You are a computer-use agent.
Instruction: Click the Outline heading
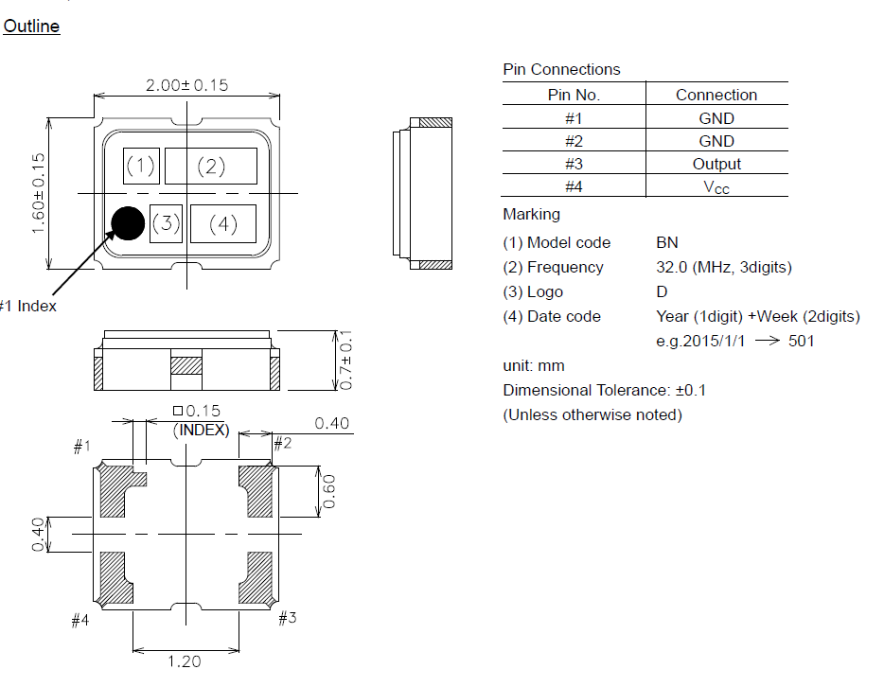coord(31,26)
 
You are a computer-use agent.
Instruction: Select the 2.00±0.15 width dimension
coord(186,85)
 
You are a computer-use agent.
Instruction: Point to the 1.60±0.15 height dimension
coord(39,194)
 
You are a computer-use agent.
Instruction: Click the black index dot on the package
coord(128,222)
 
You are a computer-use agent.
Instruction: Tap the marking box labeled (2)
coord(211,167)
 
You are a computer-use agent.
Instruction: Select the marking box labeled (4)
coord(223,224)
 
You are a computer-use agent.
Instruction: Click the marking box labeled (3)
coord(166,223)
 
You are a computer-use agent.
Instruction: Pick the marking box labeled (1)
coord(140,167)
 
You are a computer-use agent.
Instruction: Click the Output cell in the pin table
coord(716,164)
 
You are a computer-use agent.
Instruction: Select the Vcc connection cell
coord(716,186)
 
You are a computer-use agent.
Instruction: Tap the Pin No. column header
coord(574,95)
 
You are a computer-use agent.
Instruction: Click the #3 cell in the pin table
coord(574,164)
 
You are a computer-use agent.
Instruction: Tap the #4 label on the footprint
coord(80,621)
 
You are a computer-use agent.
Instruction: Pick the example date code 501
coord(801,341)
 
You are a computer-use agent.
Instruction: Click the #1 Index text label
coord(28,306)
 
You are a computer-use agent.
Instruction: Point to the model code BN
coord(666,242)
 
